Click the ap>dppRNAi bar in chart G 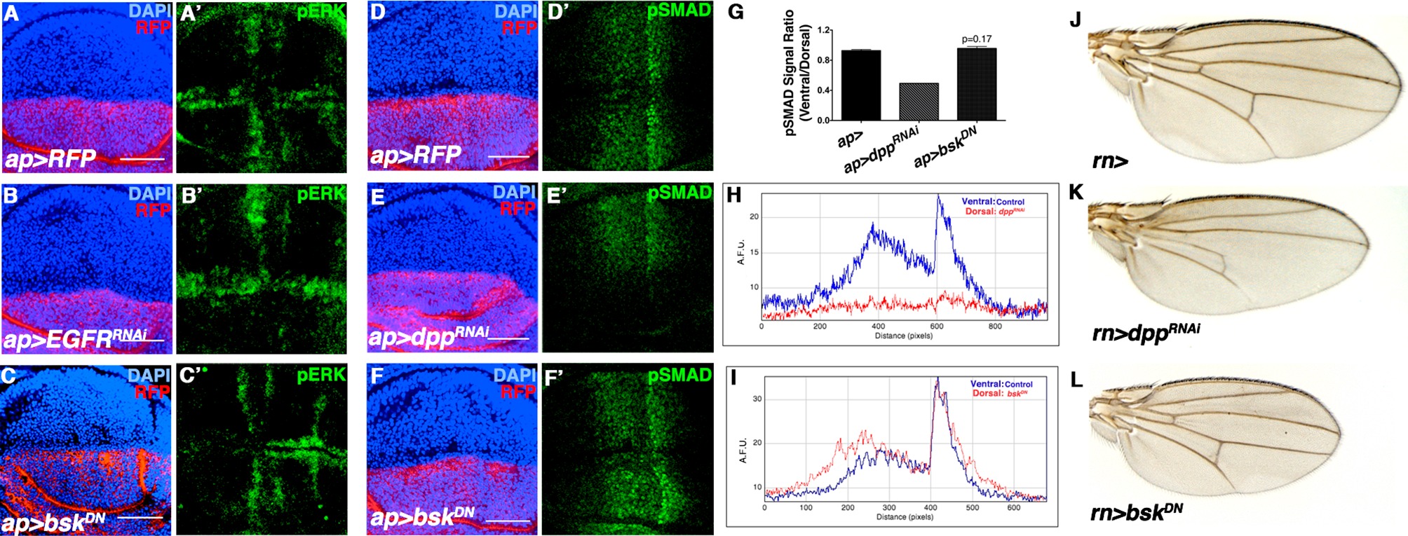click(x=919, y=102)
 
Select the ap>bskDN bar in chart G click(x=976, y=85)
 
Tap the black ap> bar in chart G click(x=861, y=85)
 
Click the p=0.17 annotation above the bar click(x=977, y=39)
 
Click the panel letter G click(x=736, y=12)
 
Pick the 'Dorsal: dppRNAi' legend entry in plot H click(x=994, y=211)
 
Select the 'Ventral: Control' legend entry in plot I click(x=1001, y=384)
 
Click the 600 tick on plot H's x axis click(x=937, y=326)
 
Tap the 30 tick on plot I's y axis click(x=757, y=399)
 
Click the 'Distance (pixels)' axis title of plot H click(x=904, y=336)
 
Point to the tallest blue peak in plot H click(x=938, y=197)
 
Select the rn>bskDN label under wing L click(x=1136, y=512)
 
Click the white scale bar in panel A click(x=142, y=159)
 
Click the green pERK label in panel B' click(x=321, y=194)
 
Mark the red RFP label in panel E click(x=517, y=209)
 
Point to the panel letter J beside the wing click(x=1076, y=20)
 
